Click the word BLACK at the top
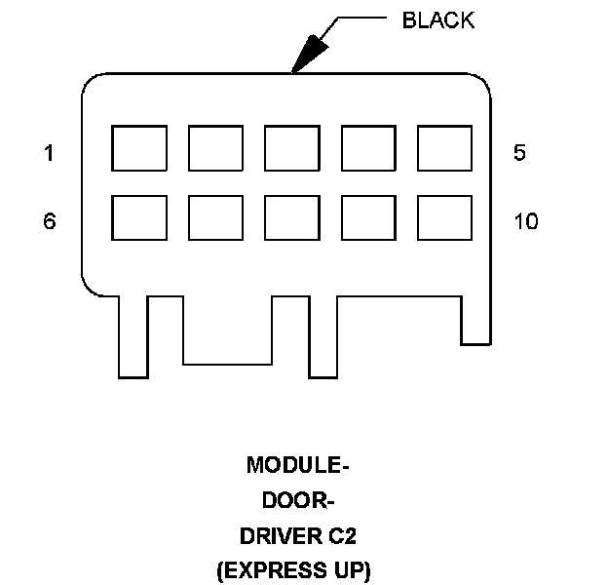click(438, 20)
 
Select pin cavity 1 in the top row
click(138, 148)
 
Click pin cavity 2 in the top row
click(215, 148)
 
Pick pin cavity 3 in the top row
click(291, 148)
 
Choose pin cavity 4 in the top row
click(368, 148)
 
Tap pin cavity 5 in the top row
click(444, 148)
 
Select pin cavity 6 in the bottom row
click(138, 217)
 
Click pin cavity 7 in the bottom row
click(215, 217)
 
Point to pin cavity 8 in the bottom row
click(291, 217)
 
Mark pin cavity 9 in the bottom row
click(368, 217)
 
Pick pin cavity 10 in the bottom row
click(444, 217)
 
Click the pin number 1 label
click(49, 153)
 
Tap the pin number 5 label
click(519, 153)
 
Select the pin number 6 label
click(49, 221)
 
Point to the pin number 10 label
click(525, 221)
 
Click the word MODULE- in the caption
click(297, 465)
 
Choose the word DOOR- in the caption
click(298, 500)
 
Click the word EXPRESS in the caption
click(285, 569)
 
